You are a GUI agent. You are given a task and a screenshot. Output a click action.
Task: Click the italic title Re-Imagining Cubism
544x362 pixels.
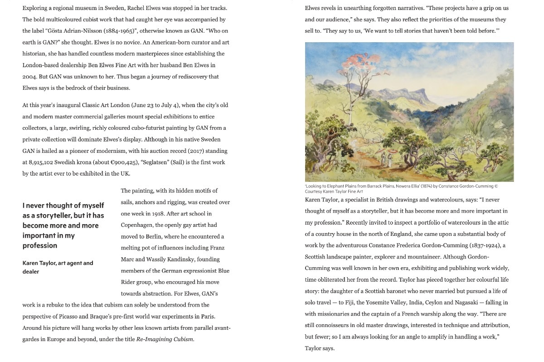(165, 339)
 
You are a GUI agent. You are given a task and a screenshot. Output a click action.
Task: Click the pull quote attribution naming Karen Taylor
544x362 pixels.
(58, 267)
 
